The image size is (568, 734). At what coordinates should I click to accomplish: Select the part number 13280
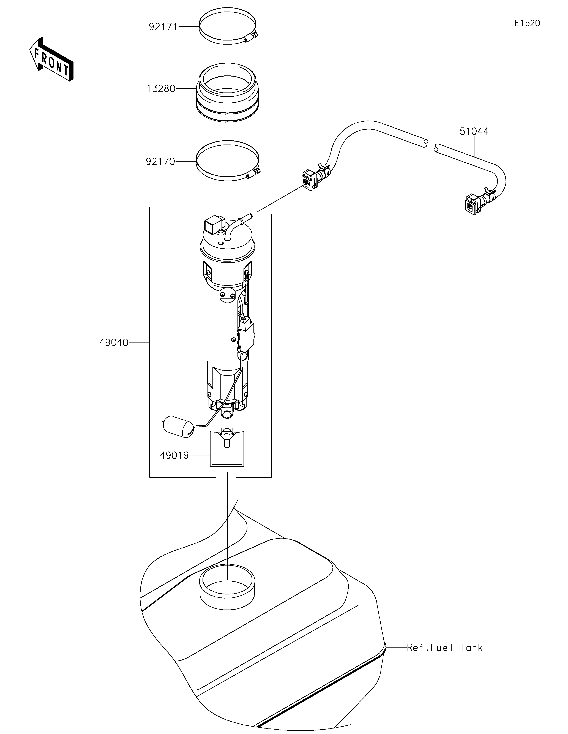161,89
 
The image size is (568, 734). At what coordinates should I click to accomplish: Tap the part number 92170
160,162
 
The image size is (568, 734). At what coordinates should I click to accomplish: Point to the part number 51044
474,131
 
